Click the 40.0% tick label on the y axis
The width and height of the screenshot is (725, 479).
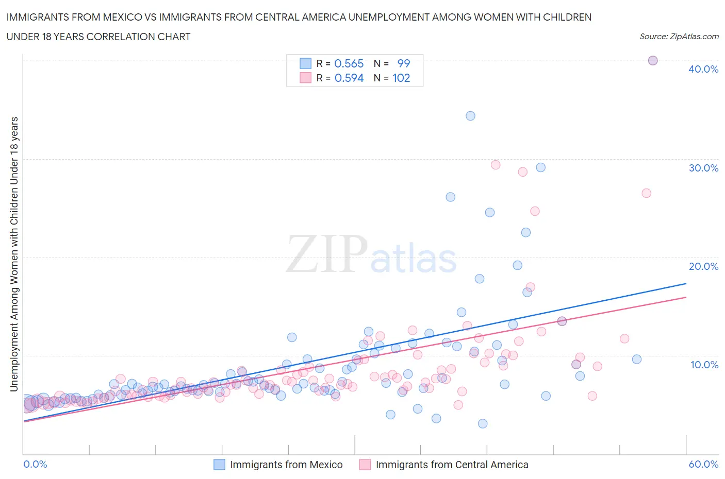pos(703,69)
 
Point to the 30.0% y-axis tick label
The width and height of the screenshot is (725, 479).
pos(703,168)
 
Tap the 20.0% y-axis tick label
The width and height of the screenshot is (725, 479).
pos(703,266)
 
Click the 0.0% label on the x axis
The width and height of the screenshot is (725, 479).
pos(36,464)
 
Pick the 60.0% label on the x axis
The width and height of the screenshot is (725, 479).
pos(703,464)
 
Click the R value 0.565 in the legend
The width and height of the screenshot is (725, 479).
pos(349,63)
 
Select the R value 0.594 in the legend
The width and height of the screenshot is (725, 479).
pos(349,78)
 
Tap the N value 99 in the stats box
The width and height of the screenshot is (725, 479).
pos(403,63)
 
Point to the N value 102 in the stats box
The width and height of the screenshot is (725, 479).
pos(401,78)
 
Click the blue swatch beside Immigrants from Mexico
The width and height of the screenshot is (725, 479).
pos(219,465)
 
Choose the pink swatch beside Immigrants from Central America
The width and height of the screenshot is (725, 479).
pos(365,465)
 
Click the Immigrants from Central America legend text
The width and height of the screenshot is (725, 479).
pos(452,465)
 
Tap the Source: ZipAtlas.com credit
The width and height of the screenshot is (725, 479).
pos(679,37)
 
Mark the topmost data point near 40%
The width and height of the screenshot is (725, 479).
pos(652,60)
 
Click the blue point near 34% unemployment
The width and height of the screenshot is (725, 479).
pos(470,116)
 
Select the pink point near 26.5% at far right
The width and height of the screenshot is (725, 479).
pos(646,193)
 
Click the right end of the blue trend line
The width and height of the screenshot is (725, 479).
pos(686,284)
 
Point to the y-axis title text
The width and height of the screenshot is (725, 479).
pos(14,254)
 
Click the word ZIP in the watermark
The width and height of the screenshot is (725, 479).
pos(327,254)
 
